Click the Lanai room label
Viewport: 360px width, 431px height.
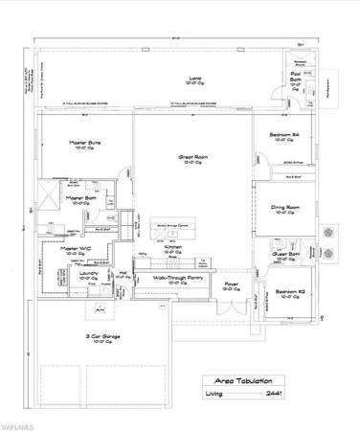(x=169, y=78)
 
